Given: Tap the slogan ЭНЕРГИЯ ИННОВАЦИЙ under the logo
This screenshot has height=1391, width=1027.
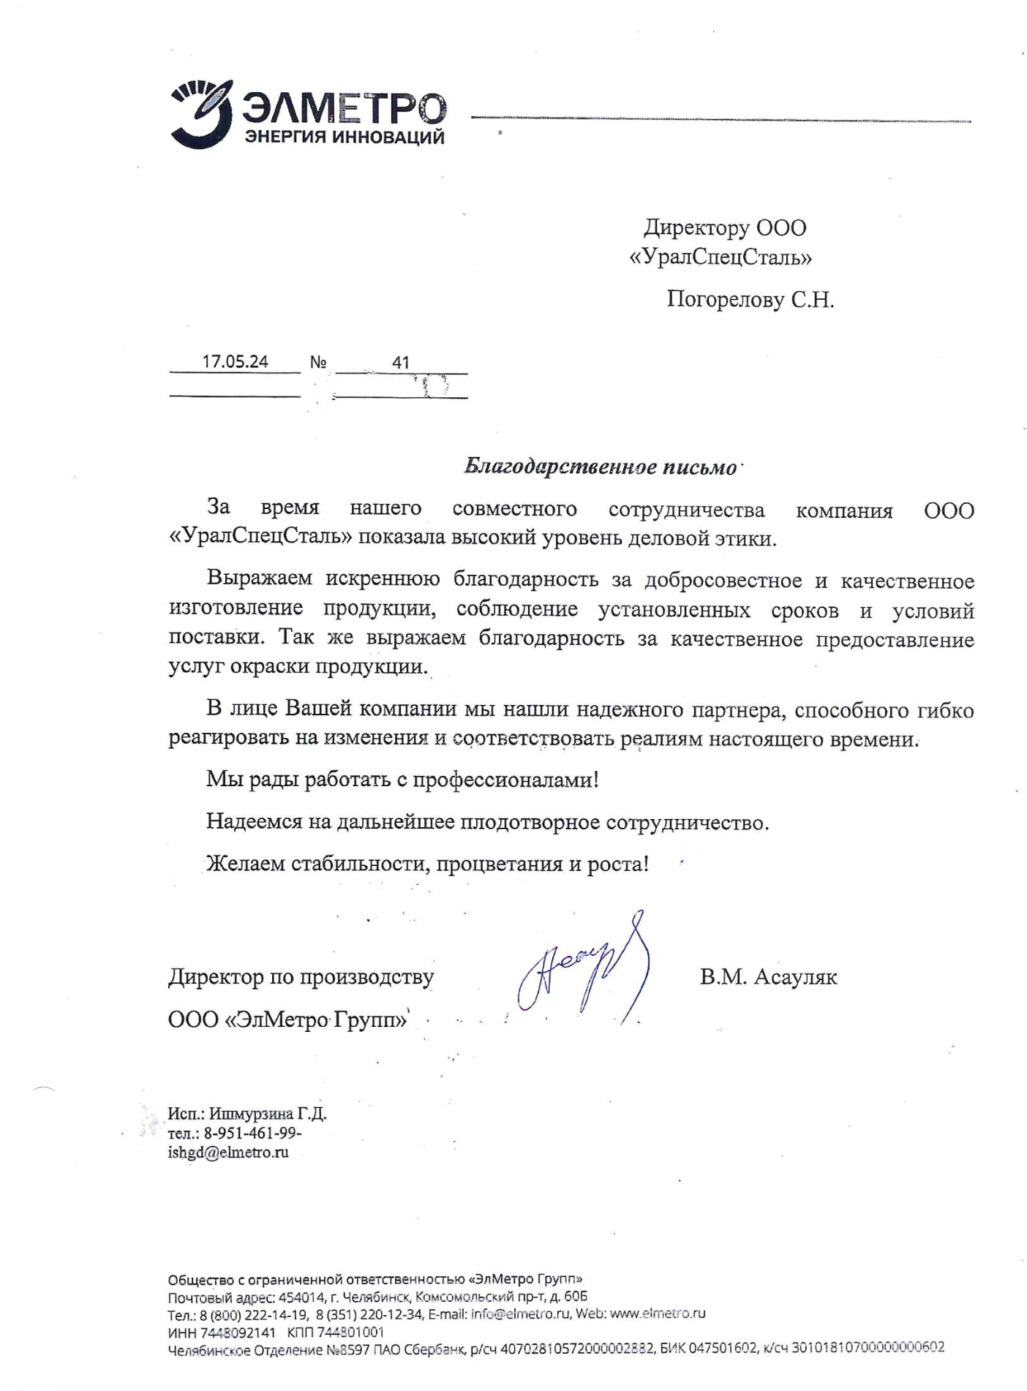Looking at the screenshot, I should (344, 137).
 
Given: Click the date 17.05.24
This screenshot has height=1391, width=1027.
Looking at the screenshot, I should (235, 362).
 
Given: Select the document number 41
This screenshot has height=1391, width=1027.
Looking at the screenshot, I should (400, 363).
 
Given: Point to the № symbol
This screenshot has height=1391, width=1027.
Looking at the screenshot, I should (318, 363).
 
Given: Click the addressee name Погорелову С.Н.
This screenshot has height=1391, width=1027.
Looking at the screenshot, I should (750, 300).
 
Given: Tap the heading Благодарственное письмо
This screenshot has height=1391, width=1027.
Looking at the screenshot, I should (600, 467).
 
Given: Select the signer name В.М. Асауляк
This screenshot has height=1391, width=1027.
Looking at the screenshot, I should (768, 977).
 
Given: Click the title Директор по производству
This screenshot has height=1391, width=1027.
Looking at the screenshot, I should (301, 977).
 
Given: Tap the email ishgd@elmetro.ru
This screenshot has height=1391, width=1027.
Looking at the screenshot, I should (228, 1153).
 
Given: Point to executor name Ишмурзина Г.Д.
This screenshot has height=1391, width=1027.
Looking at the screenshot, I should (268, 1114).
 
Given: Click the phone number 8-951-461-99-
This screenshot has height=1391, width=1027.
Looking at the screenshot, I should (253, 1133).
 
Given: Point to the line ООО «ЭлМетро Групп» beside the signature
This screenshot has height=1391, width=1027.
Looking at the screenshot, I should (287, 1019).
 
